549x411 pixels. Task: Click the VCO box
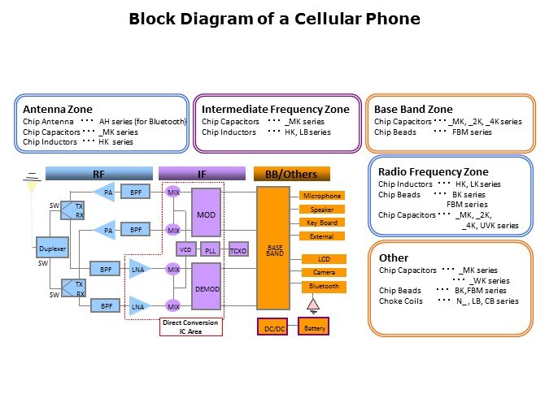[x=185, y=249]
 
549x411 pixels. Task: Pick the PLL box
[x=211, y=249]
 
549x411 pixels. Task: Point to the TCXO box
[x=238, y=249]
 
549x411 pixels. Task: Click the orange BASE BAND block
[x=274, y=249]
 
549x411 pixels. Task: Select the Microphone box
[x=322, y=196]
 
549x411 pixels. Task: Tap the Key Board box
[x=322, y=223]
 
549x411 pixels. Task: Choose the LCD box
[x=322, y=258]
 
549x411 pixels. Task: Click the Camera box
[x=322, y=272]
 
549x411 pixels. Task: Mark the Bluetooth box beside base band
[x=322, y=286]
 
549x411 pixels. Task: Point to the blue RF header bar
[x=98, y=173]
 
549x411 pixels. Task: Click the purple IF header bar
[x=202, y=173]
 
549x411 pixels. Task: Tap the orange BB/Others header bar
[x=291, y=173]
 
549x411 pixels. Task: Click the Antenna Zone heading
[x=58, y=110]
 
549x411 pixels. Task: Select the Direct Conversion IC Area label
[x=190, y=327]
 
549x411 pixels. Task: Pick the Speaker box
[x=322, y=210]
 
